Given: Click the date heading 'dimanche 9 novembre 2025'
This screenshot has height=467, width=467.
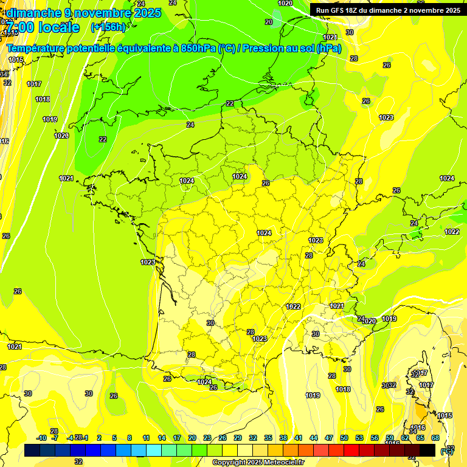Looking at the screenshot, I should click(84, 13).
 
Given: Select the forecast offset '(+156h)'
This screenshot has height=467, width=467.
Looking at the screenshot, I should click(108, 27).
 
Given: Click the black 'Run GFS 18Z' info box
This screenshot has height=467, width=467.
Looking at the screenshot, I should click(387, 10).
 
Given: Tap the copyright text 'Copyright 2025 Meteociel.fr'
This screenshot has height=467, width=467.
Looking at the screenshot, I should click(258, 462).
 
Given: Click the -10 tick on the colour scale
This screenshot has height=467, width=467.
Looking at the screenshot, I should click(41, 438).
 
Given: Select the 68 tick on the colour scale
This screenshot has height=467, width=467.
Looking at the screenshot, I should click(435, 438).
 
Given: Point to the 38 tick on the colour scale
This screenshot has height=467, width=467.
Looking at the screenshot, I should click(283, 438).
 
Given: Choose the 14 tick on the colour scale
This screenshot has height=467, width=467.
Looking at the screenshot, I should click(162, 438).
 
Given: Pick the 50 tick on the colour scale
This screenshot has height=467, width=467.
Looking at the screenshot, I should click(344, 438).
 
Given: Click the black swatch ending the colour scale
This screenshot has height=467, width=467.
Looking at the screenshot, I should click(427, 450).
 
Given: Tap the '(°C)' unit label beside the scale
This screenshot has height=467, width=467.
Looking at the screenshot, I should click(447, 451).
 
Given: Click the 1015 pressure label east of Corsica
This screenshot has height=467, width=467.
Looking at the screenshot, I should click(445, 415).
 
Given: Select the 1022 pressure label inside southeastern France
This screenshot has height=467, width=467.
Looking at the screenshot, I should click(293, 306).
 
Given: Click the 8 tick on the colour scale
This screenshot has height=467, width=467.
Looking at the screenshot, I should click(130, 438).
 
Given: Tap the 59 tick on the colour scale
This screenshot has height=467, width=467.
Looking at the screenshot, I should click(390, 438).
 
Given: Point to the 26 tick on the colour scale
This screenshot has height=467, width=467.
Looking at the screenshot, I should click(223, 438).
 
